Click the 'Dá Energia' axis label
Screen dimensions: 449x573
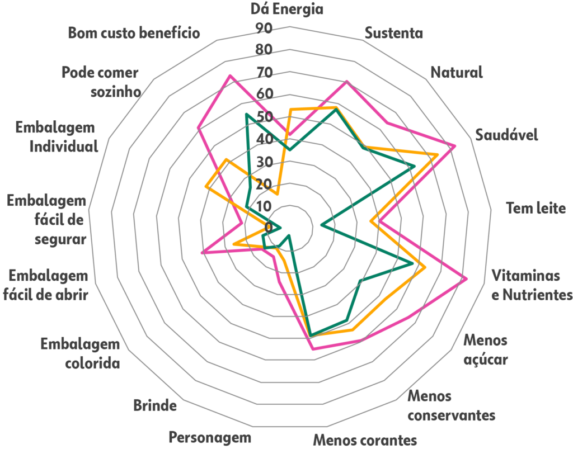pyautogui.click(x=286, y=9)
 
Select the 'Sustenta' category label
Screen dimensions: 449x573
pyautogui.click(x=394, y=33)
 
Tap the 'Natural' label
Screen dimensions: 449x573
pyautogui.click(x=456, y=72)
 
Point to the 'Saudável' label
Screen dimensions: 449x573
pyautogui.click(x=506, y=135)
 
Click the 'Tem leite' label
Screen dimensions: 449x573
pyautogui.click(x=536, y=209)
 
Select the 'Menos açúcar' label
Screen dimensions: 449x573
pyautogui.click(x=486, y=349)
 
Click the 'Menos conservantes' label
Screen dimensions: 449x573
pyautogui.click(x=451, y=407)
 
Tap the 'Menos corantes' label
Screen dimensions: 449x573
pyautogui.click(x=365, y=439)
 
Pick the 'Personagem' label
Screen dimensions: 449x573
pyautogui.click(x=210, y=437)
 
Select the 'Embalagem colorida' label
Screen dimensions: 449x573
pyautogui.click(x=80, y=353)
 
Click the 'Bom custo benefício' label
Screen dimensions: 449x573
pyautogui.click(x=134, y=32)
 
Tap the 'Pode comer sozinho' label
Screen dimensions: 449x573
pyautogui.click(x=100, y=82)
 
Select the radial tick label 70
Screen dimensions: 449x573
pyautogui.click(x=264, y=73)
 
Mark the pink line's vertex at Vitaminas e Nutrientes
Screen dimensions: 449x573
pyautogui.click(x=467, y=278)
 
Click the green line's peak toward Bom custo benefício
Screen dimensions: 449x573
pyautogui.click(x=246, y=115)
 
